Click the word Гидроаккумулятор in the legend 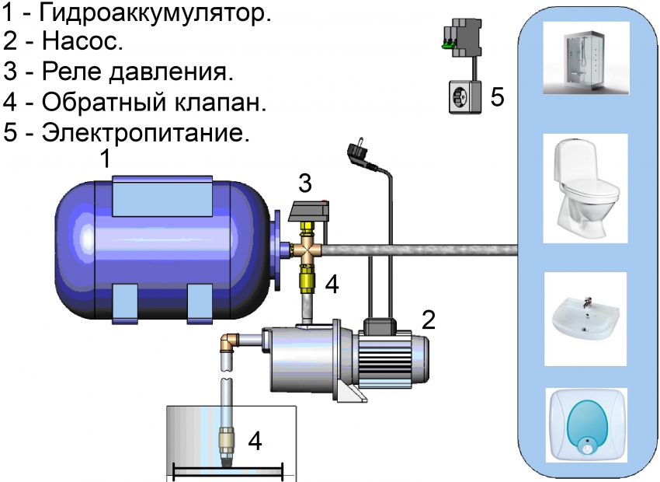tap(156, 15)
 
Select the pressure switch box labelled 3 tap(309, 209)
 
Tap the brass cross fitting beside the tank tap(306, 249)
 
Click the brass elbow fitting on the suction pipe tap(228, 342)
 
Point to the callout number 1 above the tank tap(106, 160)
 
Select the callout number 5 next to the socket tap(497, 96)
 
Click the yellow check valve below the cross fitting tap(306, 277)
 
